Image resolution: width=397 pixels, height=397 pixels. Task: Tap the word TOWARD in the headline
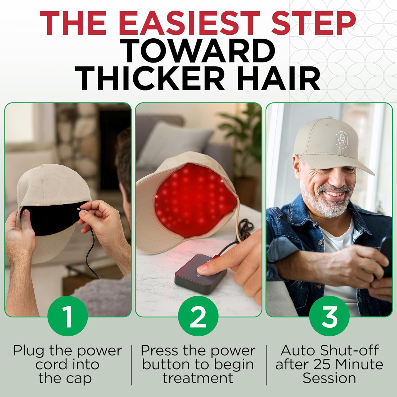coord(198,51)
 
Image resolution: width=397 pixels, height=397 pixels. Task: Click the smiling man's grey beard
coord(326,204)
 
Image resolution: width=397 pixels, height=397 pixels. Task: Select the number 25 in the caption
coord(322,364)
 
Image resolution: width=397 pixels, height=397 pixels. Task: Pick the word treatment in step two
coord(198,378)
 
